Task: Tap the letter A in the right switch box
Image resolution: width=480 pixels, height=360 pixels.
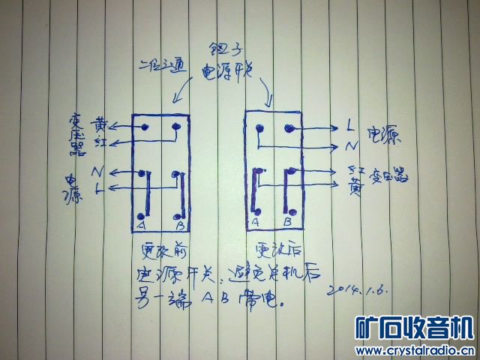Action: coord(256,223)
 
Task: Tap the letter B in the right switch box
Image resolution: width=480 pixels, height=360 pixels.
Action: coord(289,223)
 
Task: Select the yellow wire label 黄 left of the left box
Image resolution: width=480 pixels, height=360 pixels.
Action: coord(100,123)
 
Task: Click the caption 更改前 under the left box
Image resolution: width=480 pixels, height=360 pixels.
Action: coord(160,248)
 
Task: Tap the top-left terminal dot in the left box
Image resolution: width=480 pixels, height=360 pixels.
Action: coord(142,127)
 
